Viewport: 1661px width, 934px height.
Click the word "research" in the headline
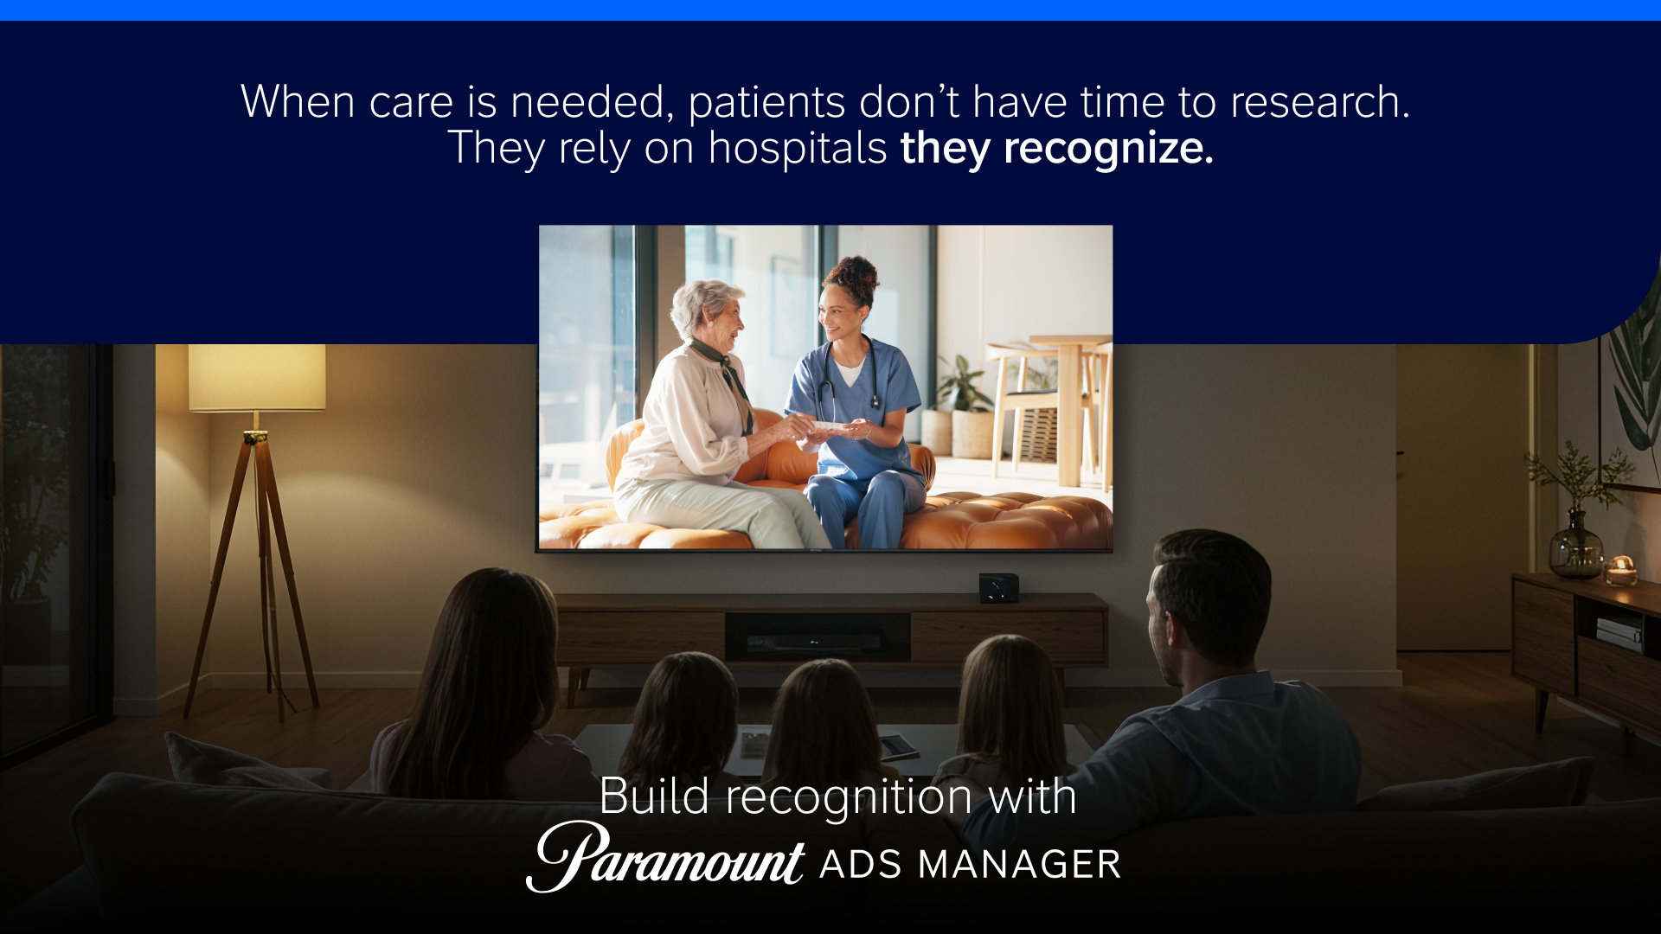[1320, 102]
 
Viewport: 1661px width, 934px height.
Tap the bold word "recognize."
[1108, 149]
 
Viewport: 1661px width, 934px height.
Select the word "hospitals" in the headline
[798, 147]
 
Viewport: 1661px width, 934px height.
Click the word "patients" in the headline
[766, 103]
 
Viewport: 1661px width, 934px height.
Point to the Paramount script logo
[665, 856]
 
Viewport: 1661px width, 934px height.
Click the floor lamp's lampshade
[257, 378]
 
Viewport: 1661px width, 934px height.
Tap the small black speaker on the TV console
[998, 588]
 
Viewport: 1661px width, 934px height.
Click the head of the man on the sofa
[1209, 605]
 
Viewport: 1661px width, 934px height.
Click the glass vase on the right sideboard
[1575, 545]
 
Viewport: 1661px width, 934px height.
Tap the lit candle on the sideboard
[1621, 571]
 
